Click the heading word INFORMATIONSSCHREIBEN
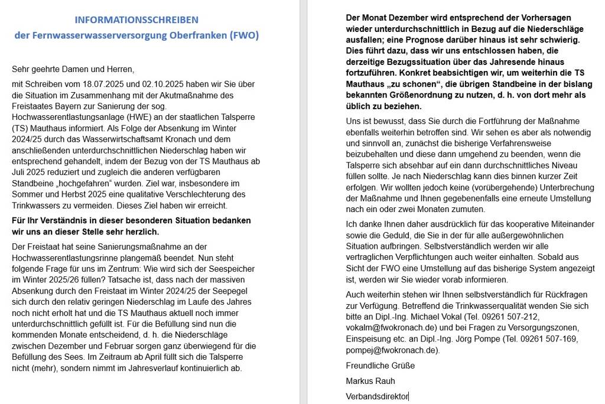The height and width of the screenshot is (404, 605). [x=136, y=20]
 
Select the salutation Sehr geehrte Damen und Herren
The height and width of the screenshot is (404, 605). [x=73, y=69]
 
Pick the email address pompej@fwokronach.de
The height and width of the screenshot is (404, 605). [x=392, y=350]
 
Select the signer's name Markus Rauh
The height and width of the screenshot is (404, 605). [x=370, y=381]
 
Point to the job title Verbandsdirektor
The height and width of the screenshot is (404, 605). [x=377, y=396]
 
